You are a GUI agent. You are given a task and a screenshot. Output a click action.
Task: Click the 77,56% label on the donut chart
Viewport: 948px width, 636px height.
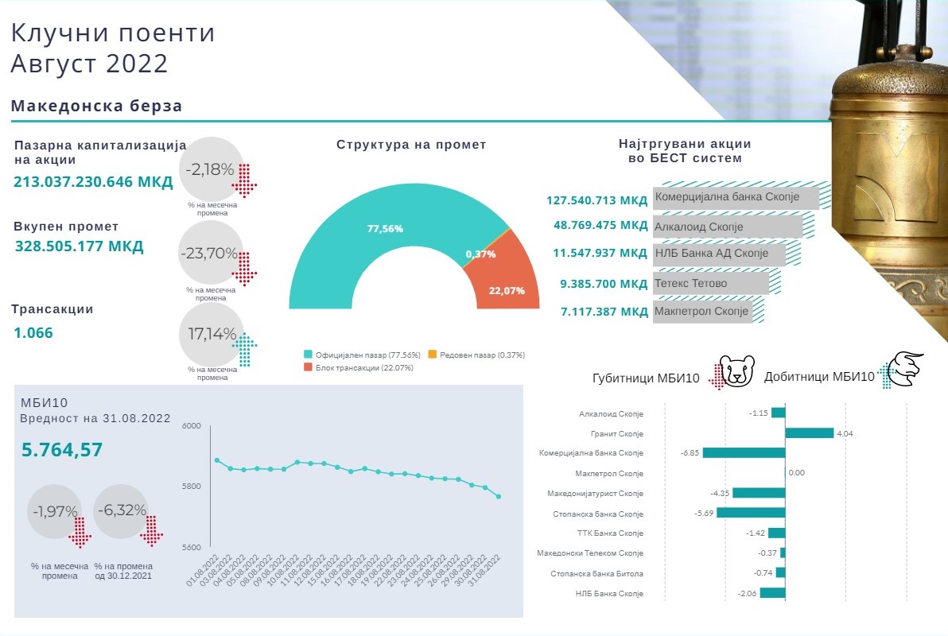click(385, 229)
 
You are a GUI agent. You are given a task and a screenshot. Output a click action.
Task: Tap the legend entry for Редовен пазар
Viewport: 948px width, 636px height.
click(476, 355)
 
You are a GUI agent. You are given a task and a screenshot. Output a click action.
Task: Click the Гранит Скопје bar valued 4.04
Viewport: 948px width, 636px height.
click(809, 433)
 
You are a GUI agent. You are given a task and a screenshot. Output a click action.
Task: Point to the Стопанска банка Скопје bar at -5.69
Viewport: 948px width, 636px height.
click(751, 513)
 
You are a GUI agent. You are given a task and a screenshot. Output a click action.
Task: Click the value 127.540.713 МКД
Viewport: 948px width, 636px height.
click(597, 200)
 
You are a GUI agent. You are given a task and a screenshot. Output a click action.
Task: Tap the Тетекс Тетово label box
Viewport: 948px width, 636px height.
click(711, 283)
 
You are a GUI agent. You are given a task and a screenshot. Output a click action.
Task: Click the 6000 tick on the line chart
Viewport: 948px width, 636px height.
click(192, 426)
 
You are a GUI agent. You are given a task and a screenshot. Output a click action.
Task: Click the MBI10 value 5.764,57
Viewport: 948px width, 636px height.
click(62, 450)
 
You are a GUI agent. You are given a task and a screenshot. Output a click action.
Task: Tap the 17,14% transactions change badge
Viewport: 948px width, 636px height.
click(212, 334)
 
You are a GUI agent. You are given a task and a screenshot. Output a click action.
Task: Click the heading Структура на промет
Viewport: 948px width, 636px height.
click(411, 145)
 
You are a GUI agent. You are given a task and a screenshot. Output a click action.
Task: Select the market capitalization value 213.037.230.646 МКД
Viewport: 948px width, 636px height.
click(93, 182)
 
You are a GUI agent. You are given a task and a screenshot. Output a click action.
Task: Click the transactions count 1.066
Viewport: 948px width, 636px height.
click(33, 333)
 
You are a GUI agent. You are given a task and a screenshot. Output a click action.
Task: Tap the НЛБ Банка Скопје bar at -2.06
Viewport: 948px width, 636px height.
click(772, 592)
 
